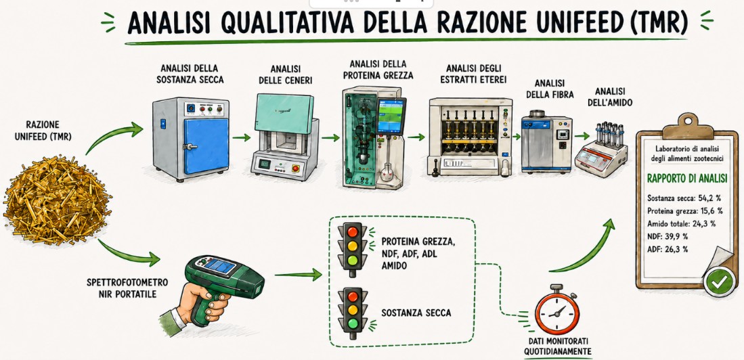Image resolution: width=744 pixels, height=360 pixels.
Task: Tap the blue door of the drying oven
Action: click(x=206, y=145)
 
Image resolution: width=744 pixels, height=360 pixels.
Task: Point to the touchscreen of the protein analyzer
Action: click(x=391, y=116)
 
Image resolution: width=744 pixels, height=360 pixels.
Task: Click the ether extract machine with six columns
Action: click(x=471, y=136)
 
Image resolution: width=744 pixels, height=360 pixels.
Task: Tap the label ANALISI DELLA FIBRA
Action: click(x=548, y=88)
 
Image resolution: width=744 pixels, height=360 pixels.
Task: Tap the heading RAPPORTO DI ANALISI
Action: click(x=687, y=179)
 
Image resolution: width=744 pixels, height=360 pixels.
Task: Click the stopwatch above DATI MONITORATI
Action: click(x=556, y=310)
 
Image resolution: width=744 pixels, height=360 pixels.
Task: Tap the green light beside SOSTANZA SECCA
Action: click(x=351, y=324)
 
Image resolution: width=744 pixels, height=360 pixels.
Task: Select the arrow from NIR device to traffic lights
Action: click(x=298, y=274)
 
